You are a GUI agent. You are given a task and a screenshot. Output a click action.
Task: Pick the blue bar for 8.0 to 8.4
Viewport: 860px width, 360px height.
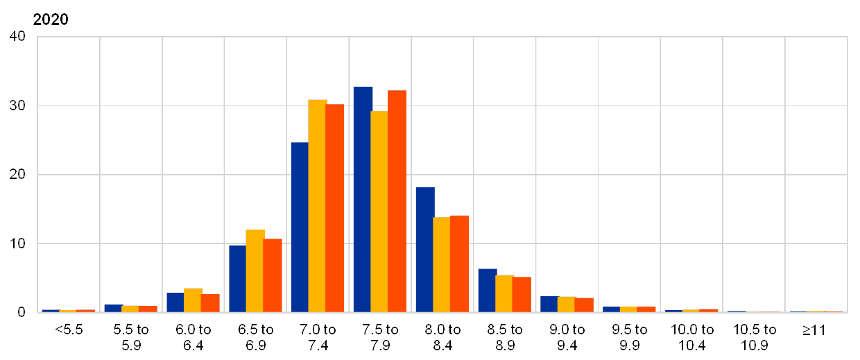(424, 250)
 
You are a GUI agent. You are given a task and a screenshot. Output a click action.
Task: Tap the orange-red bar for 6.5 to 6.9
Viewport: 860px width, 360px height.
(273, 275)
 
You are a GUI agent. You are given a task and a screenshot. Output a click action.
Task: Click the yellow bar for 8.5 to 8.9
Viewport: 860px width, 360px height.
(504, 293)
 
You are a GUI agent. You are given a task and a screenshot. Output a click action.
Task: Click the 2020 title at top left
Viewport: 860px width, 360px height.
(51, 19)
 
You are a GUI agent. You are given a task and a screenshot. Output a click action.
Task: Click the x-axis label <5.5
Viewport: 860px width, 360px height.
(69, 329)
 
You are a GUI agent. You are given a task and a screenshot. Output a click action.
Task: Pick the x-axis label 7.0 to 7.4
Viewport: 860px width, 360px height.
(318, 336)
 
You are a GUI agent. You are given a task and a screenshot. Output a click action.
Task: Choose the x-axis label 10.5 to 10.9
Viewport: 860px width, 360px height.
(754, 336)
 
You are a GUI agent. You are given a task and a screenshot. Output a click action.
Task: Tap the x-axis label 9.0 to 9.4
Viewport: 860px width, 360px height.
(567, 336)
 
